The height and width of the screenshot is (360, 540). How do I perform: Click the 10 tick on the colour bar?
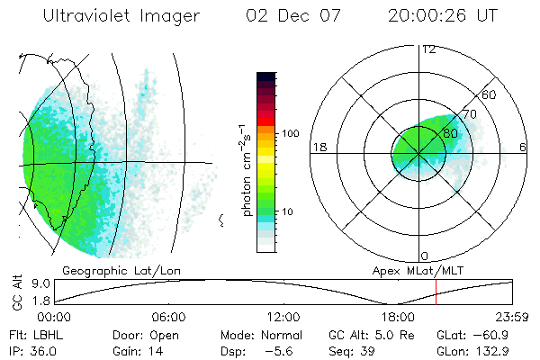pos(290,212)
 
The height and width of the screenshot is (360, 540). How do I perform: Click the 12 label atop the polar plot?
pos(428,49)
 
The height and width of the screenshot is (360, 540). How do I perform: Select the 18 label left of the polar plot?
pos(318,147)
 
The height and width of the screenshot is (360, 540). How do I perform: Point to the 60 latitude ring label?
pos(490,94)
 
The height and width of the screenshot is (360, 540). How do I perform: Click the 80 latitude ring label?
pos(450,133)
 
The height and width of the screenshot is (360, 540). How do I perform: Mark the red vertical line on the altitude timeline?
pos(436,292)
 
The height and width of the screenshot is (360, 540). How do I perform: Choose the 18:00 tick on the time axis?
pos(398,318)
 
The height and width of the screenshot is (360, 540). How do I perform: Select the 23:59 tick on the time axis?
pos(513,318)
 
